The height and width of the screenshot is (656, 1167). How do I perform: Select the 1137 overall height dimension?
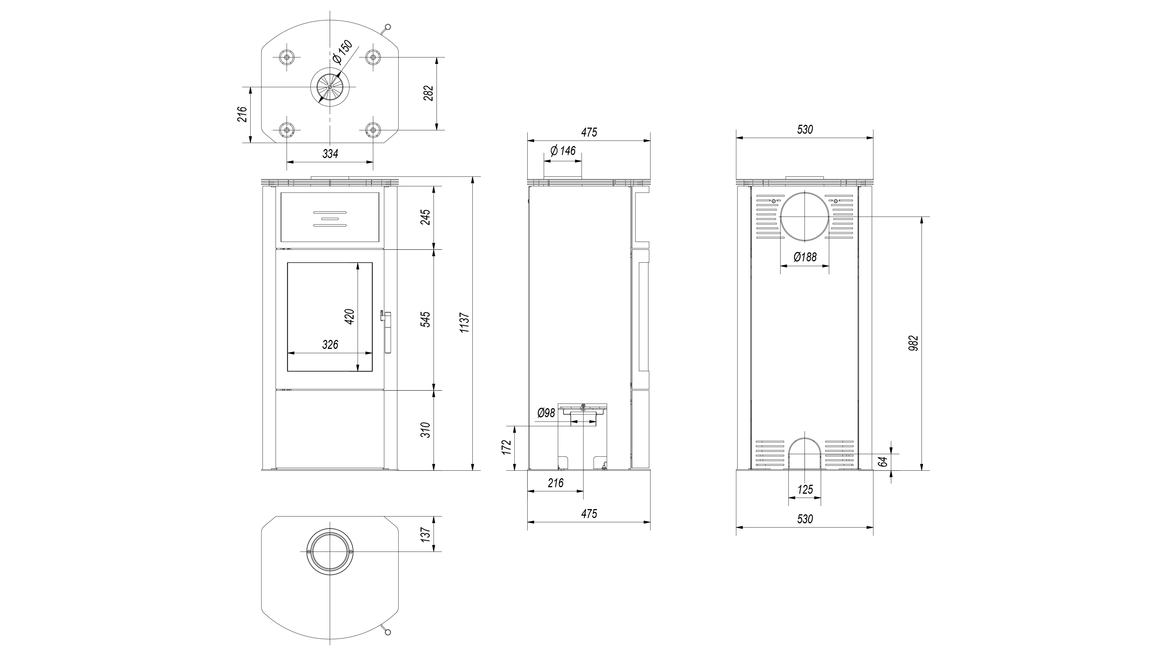coord(464,323)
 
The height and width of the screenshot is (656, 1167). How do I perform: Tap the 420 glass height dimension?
coord(349,317)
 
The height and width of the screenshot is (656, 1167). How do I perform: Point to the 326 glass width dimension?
coord(330,345)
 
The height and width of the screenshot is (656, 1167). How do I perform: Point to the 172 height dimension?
coord(507,447)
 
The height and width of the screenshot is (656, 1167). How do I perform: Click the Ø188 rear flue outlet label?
coord(805,257)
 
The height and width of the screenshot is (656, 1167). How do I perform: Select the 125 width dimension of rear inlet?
coord(805,489)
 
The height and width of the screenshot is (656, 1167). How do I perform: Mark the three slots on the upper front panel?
coord(330,219)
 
